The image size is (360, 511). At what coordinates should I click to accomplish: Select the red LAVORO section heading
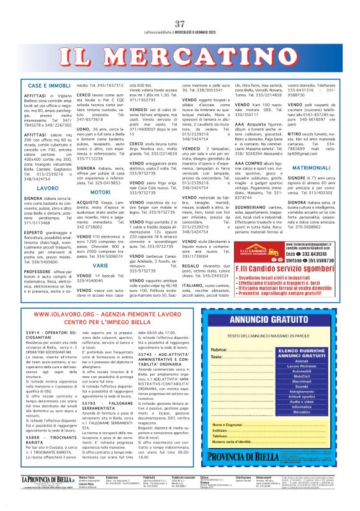click(x=48, y=187)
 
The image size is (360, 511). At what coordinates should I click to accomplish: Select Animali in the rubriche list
click(x=301, y=360)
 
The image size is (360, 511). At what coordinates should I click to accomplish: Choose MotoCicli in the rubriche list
click(x=301, y=376)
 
